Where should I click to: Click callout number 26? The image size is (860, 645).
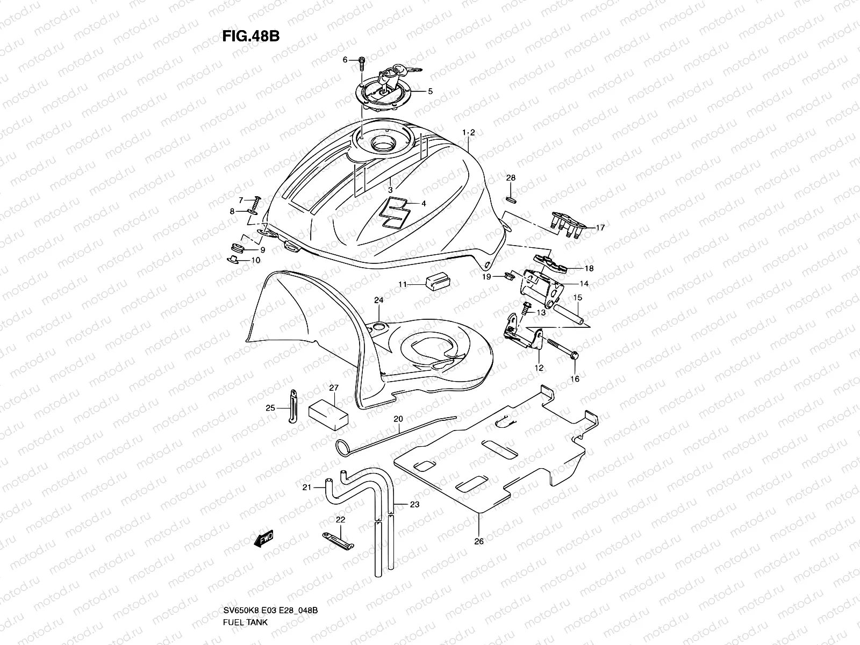tap(479, 541)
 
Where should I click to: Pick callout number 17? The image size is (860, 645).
tap(600, 227)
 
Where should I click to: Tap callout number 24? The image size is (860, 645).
tap(378, 300)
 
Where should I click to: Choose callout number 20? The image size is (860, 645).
tap(398, 418)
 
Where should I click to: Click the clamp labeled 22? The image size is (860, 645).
tap(337, 539)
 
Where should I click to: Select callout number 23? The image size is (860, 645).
tap(414, 504)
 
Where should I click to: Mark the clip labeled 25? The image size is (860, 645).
tap(293, 407)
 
